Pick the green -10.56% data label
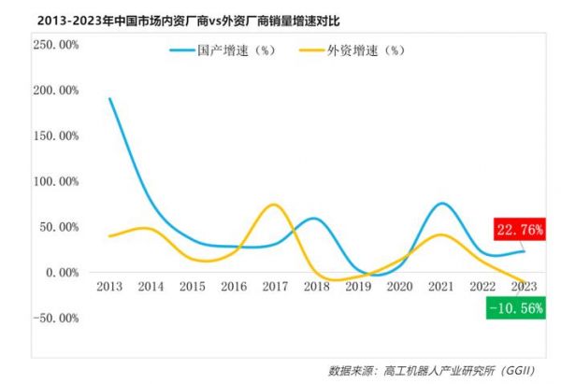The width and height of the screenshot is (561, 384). click(515, 307)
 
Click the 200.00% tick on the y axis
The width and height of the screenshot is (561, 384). click(56, 90)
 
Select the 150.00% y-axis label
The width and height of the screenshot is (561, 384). click(56, 135)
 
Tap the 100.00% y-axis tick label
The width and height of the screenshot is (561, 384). click(56, 181)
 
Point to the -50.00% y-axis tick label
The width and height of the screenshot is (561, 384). click(56, 318)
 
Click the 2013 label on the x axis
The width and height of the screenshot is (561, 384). click(110, 287)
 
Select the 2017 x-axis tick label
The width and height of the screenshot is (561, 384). click(275, 287)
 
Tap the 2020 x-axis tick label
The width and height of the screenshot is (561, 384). click(399, 287)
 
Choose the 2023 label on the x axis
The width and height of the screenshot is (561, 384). click(524, 287)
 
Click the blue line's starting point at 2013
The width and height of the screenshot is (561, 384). click(110, 98)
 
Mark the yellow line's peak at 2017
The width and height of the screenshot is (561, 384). click(273, 205)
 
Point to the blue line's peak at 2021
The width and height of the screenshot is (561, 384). click(442, 203)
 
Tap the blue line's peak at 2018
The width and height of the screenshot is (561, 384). click(316, 219)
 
